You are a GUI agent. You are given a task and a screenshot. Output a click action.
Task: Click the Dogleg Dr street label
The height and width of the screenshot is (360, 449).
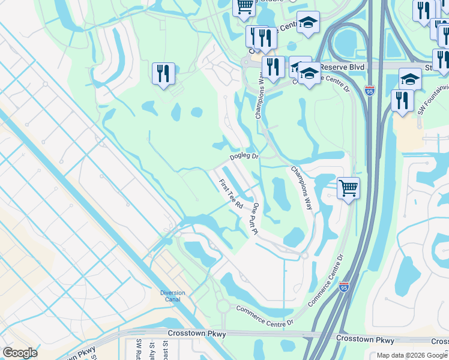(x=244, y=157)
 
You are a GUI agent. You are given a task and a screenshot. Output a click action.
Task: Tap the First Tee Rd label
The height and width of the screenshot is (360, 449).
(x=231, y=194)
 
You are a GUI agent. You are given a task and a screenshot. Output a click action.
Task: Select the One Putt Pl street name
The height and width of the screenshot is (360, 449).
(x=255, y=218)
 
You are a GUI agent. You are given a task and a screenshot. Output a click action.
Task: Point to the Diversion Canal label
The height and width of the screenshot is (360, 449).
(x=172, y=296)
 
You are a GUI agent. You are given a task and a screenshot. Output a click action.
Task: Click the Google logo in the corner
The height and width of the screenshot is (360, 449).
(x=20, y=353)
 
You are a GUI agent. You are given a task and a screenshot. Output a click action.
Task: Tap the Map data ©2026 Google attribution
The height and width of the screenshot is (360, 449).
(x=411, y=355)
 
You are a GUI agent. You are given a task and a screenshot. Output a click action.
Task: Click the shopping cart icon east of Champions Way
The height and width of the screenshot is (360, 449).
(x=348, y=188)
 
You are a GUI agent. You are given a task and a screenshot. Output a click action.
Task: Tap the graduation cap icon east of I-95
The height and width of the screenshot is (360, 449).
(x=410, y=79)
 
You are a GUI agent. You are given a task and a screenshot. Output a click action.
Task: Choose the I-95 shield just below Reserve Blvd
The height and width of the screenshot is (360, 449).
(x=370, y=91)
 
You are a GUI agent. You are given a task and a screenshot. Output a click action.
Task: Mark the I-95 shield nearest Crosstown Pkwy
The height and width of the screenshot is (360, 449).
(x=343, y=287)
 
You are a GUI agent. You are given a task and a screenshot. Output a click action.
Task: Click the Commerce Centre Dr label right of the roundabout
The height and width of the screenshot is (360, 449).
(x=264, y=316)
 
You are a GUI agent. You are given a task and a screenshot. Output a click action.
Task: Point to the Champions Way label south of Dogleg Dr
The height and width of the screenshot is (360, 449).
(x=302, y=187)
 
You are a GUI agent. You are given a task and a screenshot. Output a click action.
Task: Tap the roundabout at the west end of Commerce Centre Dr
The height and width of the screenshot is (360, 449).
(x=223, y=306)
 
